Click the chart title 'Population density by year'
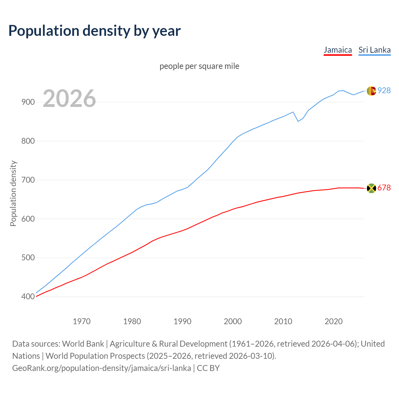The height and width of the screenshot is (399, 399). [94, 31]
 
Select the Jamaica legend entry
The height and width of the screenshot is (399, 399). [338, 50]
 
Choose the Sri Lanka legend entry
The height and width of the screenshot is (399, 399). [374, 50]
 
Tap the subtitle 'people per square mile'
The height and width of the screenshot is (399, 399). [199, 66]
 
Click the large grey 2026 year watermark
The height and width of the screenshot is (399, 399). [69, 99]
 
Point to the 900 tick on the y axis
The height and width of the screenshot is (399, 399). [28, 102]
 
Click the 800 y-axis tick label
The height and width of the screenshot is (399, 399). [28, 141]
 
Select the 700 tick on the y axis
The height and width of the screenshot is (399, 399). [28, 180]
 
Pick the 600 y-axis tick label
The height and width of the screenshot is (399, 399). [28, 219]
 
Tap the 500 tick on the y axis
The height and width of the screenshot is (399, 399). [28, 258]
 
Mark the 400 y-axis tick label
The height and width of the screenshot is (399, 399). [28, 297]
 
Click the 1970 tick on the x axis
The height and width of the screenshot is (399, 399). [82, 321]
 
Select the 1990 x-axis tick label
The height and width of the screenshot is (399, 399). [182, 321]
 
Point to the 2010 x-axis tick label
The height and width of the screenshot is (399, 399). [283, 321]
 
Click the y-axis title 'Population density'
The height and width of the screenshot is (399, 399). [13, 193]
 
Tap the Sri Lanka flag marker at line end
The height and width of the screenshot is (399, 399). [371, 91]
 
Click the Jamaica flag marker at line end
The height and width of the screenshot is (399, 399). [371, 188]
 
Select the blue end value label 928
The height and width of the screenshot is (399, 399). [384, 90]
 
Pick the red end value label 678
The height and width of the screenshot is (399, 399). [384, 188]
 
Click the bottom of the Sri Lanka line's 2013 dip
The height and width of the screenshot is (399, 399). [298, 121]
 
